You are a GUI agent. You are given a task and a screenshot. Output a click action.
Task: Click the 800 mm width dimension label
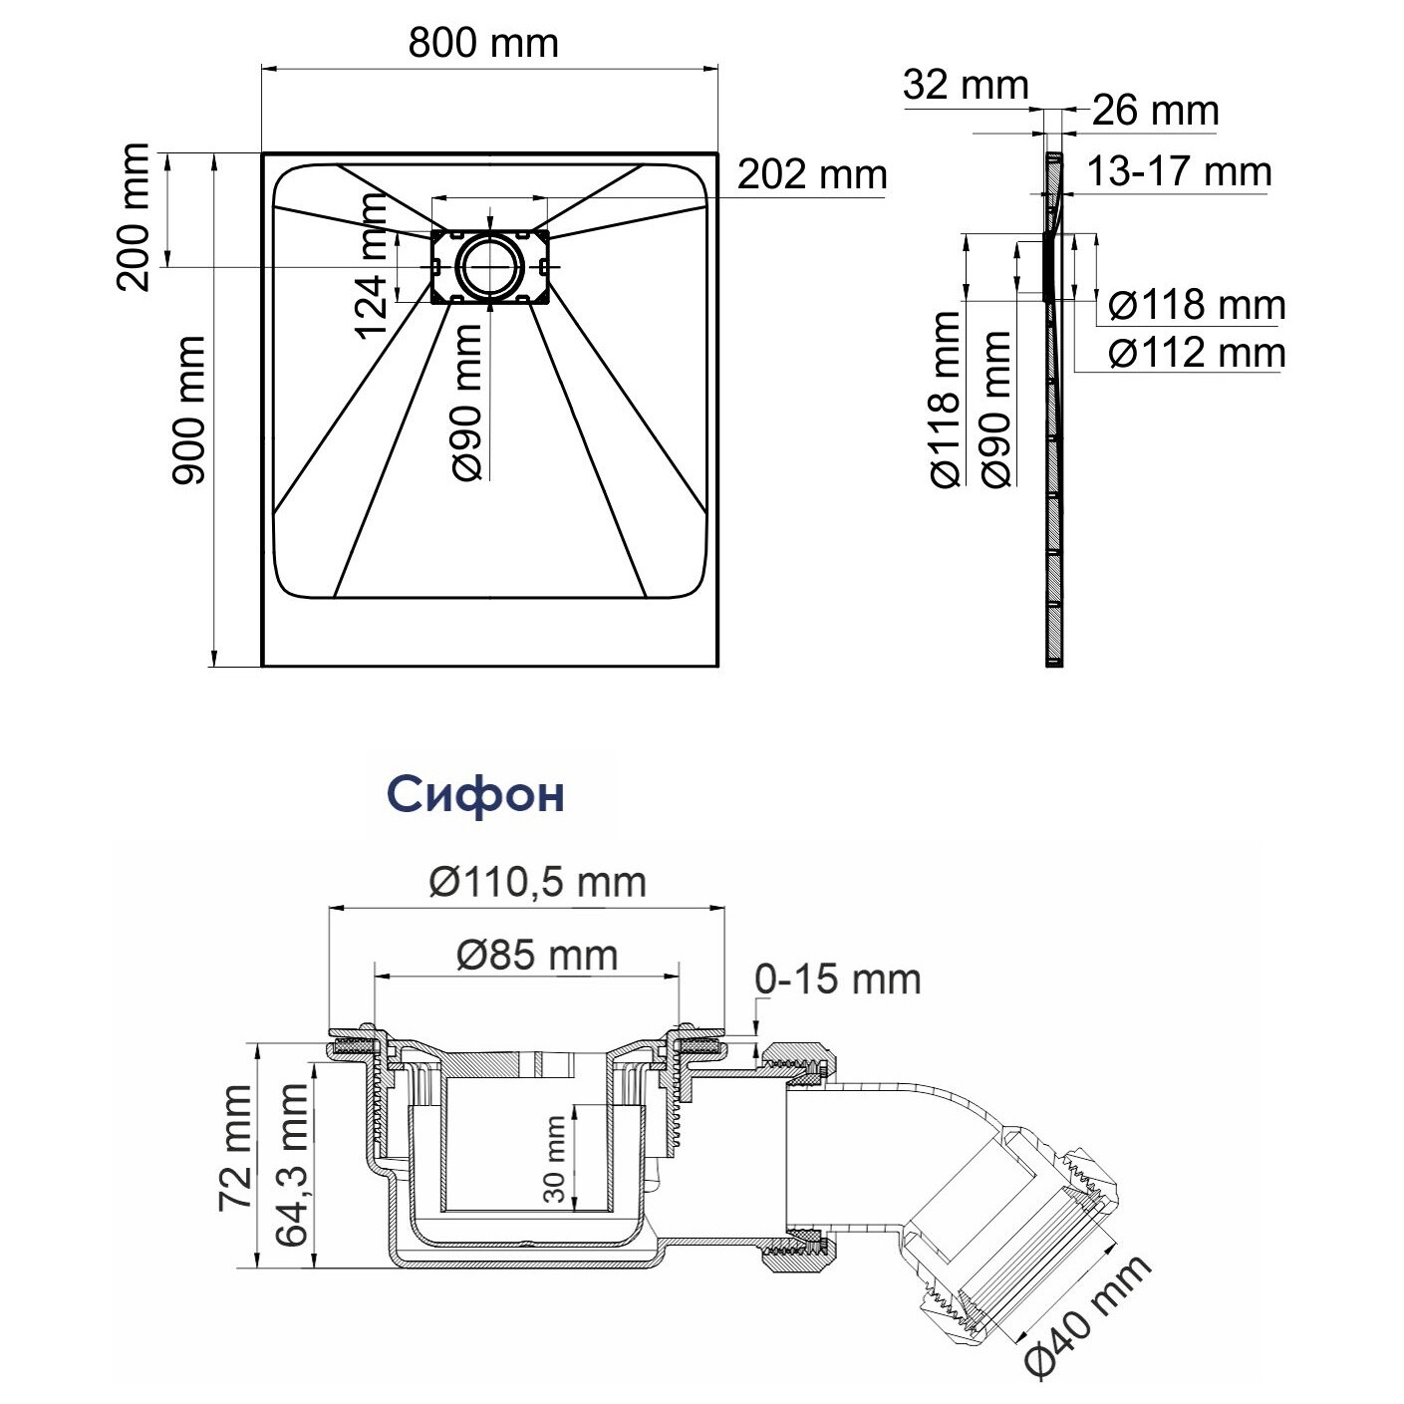point(483,44)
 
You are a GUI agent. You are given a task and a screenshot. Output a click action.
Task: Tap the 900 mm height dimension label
point(188,411)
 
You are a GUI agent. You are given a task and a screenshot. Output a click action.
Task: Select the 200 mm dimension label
point(133,217)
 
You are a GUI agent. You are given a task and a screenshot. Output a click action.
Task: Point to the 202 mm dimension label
point(812,174)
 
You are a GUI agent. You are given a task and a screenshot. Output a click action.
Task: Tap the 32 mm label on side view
point(966,86)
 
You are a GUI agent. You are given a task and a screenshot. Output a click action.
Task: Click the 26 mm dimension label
point(1156,111)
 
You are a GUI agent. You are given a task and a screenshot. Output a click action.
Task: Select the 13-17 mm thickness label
point(1179,172)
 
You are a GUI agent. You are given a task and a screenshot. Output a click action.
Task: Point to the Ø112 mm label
point(1197,354)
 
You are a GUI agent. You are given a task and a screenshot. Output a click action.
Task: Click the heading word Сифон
point(475,794)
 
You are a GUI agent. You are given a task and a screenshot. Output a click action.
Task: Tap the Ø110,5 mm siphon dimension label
point(538,882)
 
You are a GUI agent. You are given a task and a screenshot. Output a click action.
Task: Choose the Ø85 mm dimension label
point(538,956)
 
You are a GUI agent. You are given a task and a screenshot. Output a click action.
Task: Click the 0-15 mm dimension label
point(837,980)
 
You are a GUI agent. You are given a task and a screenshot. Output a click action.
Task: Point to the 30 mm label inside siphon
point(554,1159)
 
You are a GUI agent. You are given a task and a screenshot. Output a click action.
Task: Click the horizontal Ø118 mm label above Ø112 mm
point(1197,305)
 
